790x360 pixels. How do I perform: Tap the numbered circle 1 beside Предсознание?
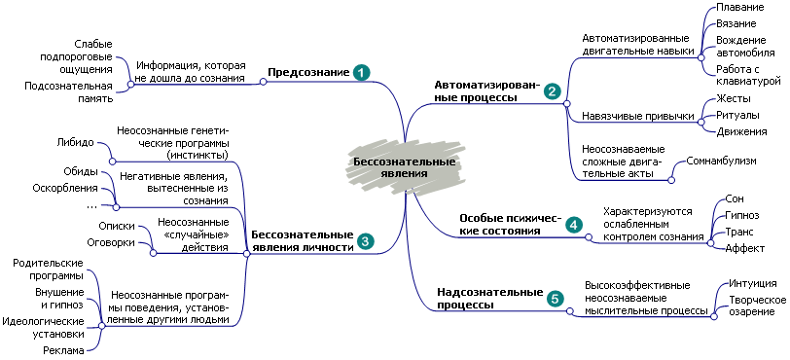[361, 73]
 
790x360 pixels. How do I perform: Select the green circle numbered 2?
[552, 92]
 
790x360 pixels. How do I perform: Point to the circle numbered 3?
[365, 240]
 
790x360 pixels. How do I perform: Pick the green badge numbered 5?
[555, 299]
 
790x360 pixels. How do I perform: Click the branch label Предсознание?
[308, 73]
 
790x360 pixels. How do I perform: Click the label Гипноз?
[742, 215]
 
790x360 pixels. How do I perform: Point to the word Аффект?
[744, 249]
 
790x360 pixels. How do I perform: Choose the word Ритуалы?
[738, 115]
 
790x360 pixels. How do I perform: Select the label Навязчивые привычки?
[638, 116]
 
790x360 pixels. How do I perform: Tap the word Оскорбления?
[65, 188]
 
